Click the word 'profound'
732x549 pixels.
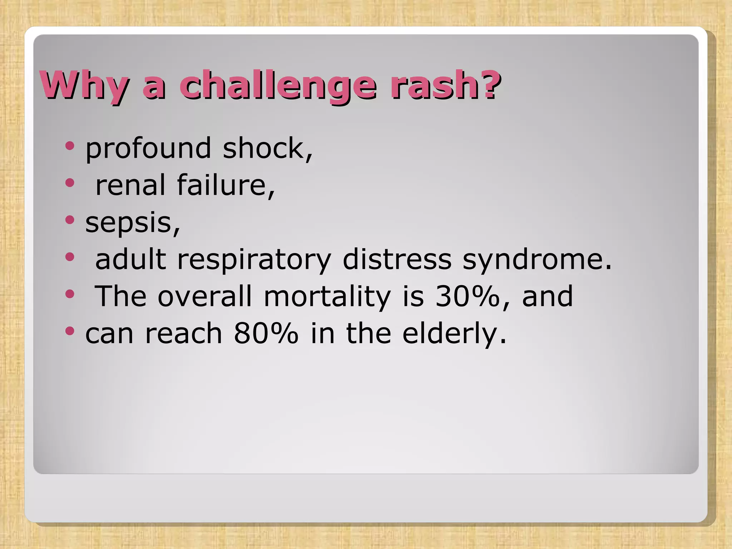click(x=148, y=148)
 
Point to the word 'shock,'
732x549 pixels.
click(x=268, y=148)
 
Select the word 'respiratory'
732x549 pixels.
click(x=254, y=259)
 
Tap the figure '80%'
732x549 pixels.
click(x=266, y=333)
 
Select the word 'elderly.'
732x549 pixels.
click(x=454, y=333)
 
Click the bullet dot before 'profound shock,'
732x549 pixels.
click(x=70, y=146)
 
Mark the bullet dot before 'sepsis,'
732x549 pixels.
click(x=70, y=220)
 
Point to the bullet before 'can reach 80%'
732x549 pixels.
click(x=70, y=331)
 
